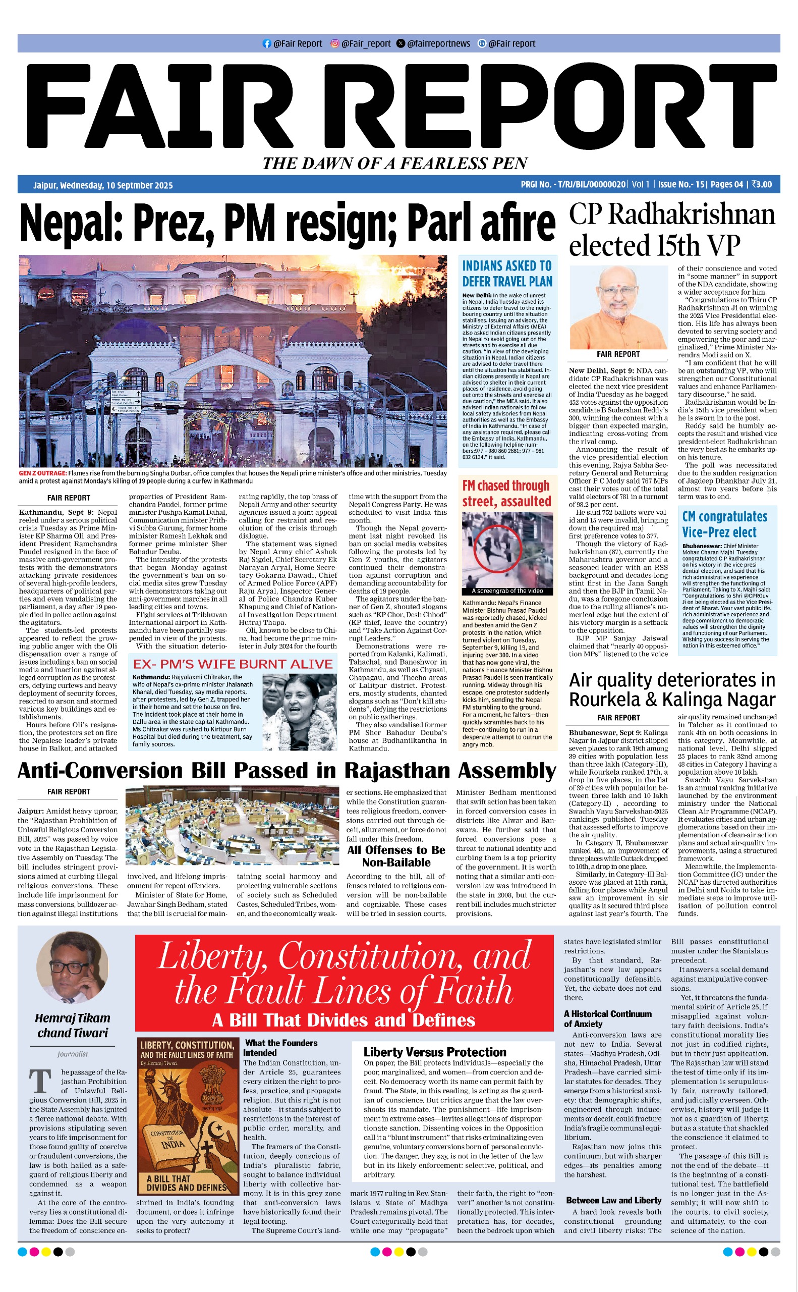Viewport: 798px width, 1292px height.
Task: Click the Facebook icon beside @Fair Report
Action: pyautogui.click(x=267, y=44)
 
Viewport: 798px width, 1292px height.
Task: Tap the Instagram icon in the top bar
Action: pyautogui.click(x=334, y=44)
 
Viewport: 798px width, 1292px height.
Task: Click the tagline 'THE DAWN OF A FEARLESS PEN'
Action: pyautogui.click(x=395, y=163)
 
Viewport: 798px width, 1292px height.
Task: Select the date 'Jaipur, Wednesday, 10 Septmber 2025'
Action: pyautogui.click(x=103, y=185)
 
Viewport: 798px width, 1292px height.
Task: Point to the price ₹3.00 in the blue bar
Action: pyautogui.click(x=762, y=184)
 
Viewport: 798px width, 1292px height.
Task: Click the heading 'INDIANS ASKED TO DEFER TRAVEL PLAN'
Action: pyautogui.click(x=507, y=274)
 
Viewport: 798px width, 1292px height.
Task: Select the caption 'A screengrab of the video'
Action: pyautogui.click(x=507, y=591)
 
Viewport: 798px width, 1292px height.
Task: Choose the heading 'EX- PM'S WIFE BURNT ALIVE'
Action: pyautogui.click(x=233, y=664)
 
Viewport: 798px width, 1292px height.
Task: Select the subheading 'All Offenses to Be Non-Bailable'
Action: pyautogui.click(x=396, y=856)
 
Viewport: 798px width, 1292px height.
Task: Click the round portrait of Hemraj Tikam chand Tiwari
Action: pyautogui.click(x=72, y=968)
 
